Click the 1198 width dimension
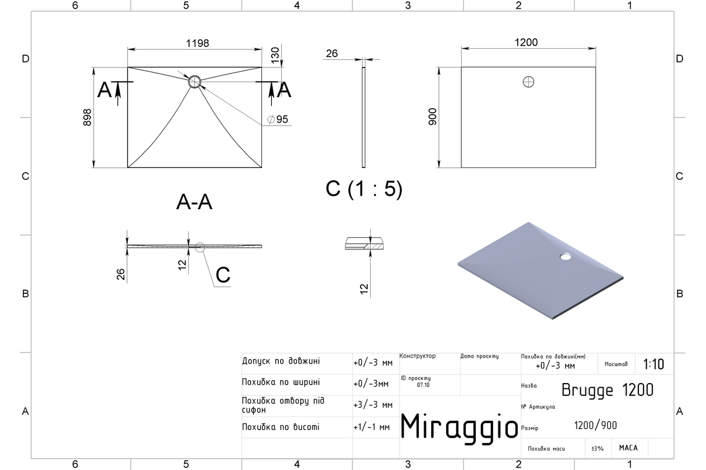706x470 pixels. (197, 43)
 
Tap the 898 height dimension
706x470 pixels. (87, 117)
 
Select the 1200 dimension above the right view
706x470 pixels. (526, 42)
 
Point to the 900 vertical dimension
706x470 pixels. (433, 116)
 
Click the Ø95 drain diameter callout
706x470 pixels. (278, 119)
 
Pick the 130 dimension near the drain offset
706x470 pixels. (275, 55)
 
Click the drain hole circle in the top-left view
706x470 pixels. (195, 82)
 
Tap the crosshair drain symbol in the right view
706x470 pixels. (528, 82)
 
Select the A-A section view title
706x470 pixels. (194, 202)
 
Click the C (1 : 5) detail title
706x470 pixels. (364, 189)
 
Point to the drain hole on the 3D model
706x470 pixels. (565, 257)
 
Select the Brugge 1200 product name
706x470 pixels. (607, 390)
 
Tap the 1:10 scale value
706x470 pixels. (654, 364)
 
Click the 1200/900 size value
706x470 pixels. (595, 425)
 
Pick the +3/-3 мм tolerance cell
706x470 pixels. (373, 405)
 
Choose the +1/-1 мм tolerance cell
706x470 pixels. (372, 427)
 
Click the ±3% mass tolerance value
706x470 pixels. (597, 448)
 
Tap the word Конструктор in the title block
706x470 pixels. (417, 356)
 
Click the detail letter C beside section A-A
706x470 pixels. (223, 275)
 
